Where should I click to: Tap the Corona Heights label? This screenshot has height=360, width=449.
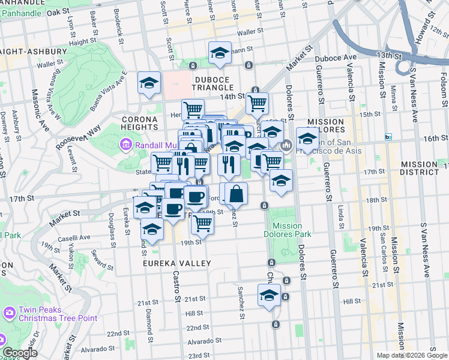tap(140, 124)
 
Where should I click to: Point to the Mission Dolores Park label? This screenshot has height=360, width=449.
tap(287, 230)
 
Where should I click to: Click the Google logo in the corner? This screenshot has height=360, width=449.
tap(20, 353)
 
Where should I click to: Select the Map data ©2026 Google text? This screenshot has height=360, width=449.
tap(411, 355)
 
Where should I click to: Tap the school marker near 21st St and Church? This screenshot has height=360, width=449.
tap(269, 295)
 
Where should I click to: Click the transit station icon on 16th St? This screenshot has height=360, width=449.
tap(388, 137)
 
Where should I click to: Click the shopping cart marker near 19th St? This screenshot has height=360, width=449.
tap(203, 223)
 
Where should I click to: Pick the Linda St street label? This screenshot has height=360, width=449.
tap(340, 213)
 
